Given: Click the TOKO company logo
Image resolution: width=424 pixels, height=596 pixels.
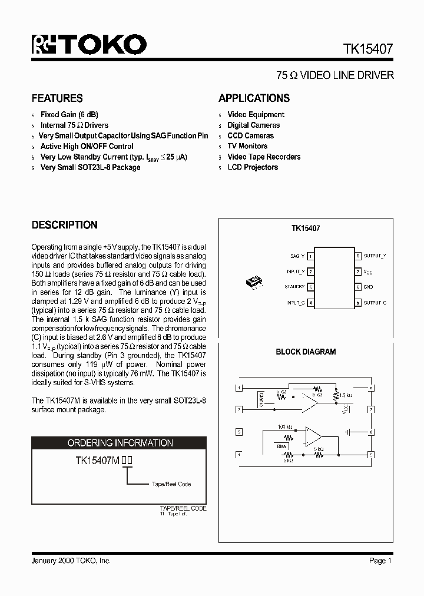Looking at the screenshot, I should tap(88, 45).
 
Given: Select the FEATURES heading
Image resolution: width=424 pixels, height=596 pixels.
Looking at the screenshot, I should tap(57, 98).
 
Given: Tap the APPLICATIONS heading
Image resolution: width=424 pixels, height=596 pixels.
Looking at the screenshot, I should tap(254, 98).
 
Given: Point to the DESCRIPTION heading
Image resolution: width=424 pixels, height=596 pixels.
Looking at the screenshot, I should tap(64, 225).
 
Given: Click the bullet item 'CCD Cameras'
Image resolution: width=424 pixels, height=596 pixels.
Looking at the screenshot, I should tap(250, 135).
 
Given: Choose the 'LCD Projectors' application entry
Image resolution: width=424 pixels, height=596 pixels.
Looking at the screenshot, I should tap(253, 167).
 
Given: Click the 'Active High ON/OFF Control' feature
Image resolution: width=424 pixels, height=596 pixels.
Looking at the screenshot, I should tap(87, 146).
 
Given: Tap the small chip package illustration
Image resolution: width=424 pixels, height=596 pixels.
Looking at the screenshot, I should tap(254, 282).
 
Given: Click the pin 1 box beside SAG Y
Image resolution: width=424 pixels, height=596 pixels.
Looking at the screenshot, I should tap(310, 256).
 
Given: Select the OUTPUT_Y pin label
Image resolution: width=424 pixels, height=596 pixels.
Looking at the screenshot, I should tap(375, 256).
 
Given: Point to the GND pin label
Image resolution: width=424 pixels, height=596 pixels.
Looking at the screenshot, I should tap(368, 287).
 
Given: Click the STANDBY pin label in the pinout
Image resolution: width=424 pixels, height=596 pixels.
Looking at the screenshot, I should tap(294, 287).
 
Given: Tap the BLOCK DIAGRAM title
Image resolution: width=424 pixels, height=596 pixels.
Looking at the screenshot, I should tap(306, 352).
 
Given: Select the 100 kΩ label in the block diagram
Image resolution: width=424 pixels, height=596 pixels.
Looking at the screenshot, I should tap(285, 426).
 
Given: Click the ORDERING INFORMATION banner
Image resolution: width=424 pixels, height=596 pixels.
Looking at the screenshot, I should tap(120, 443).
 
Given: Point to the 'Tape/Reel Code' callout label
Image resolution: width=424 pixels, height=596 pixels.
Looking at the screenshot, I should tap(171, 484).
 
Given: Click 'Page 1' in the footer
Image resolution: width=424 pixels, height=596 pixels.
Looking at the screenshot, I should tap(380, 561).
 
